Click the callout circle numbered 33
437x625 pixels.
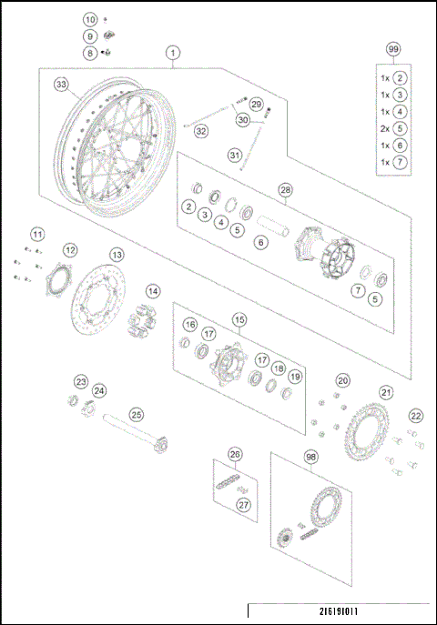[61, 85]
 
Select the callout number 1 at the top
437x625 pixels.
[173, 54]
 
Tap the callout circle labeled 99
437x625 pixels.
[392, 48]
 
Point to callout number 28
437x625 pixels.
[285, 190]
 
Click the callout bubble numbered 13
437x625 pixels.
[117, 255]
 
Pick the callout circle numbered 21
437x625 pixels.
[386, 393]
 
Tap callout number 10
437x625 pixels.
[90, 19]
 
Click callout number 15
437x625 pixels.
[239, 319]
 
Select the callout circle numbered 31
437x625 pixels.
[235, 156]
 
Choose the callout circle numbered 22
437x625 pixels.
[415, 416]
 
